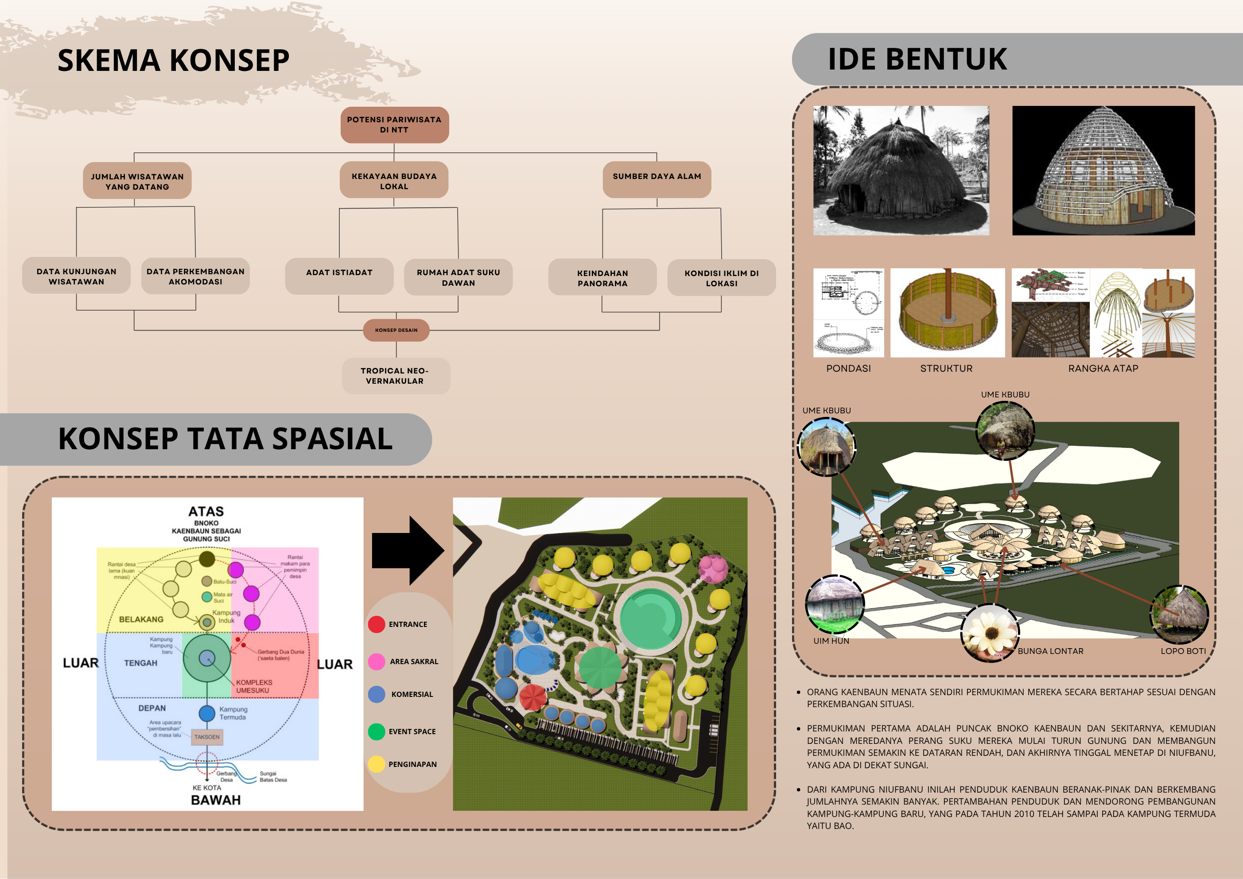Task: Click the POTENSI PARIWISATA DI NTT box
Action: tap(394, 124)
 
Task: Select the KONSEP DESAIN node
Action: tap(396, 330)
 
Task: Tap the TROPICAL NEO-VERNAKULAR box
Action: tap(395, 376)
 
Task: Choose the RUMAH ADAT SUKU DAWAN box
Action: tap(458, 277)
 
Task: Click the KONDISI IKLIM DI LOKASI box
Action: tap(721, 278)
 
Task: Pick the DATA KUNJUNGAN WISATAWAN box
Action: tap(76, 276)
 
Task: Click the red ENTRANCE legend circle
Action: tap(376, 624)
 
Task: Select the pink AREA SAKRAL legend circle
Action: tap(376, 661)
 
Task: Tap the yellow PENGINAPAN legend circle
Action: tap(376, 764)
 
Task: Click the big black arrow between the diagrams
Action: tap(408, 550)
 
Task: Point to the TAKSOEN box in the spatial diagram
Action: tap(207, 737)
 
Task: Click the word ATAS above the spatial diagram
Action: tap(206, 511)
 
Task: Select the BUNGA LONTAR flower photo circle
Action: tap(990, 633)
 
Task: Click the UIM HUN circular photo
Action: tap(834, 604)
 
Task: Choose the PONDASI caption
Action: tap(848, 368)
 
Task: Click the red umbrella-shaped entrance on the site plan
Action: tap(532, 697)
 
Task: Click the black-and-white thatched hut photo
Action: tap(901, 170)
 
